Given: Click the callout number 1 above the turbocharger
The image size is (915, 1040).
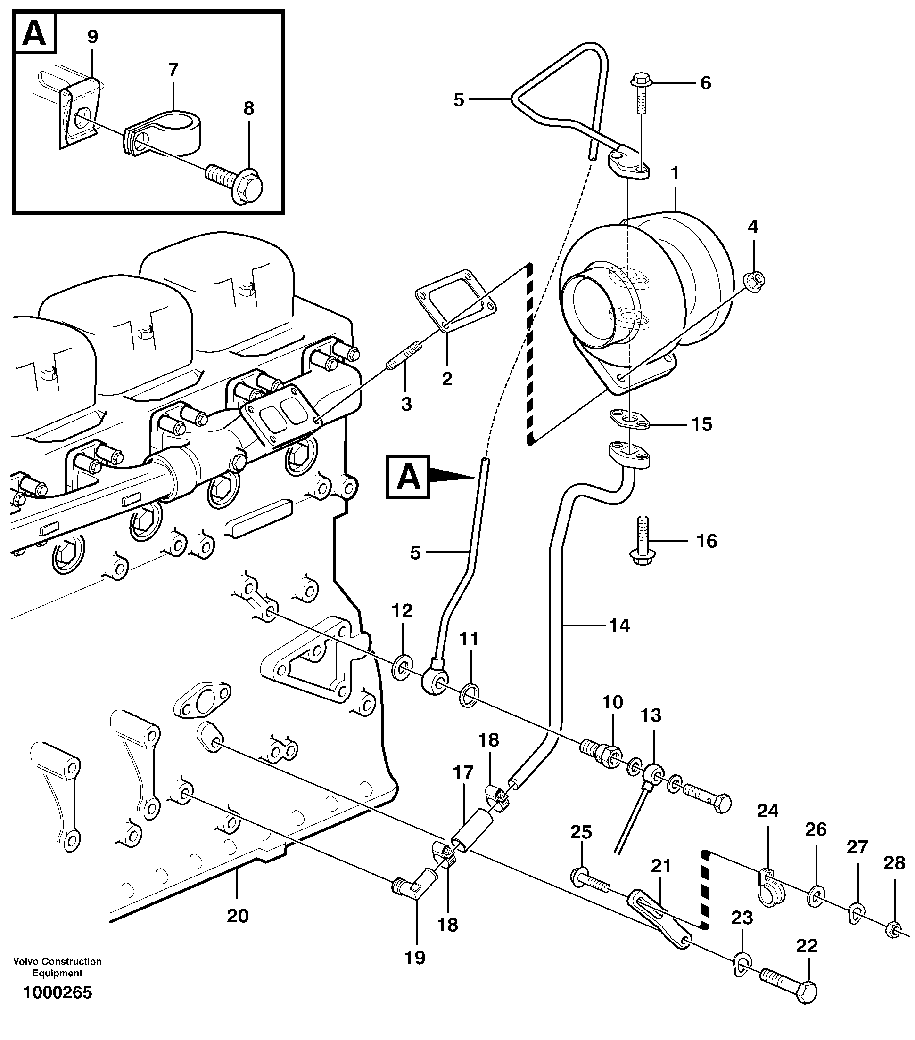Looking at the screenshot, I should point(675,173).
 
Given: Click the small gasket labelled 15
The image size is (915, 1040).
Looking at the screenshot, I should point(630,419).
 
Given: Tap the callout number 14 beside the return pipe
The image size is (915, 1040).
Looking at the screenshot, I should point(619,626).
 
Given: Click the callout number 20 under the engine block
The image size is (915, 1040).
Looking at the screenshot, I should point(237,916).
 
